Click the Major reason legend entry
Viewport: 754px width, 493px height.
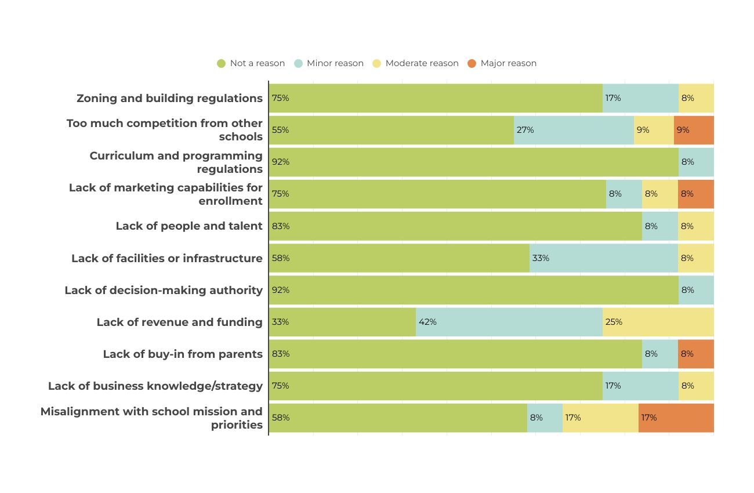(x=502, y=63)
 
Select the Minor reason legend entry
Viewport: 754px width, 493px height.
(x=329, y=63)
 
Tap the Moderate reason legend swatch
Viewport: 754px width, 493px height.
(x=377, y=63)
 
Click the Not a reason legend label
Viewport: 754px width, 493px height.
(x=257, y=63)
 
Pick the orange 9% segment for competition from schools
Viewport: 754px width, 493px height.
(x=694, y=130)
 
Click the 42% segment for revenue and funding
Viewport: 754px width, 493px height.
(x=509, y=322)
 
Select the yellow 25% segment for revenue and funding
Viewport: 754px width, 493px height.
(x=658, y=322)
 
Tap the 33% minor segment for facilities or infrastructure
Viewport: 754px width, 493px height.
(x=604, y=258)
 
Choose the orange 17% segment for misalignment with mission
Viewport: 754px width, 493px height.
(x=676, y=418)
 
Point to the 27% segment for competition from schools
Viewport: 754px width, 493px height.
(x=574, y=130)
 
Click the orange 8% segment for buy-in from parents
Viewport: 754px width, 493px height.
(x=695, y=354)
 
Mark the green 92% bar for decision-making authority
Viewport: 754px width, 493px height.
(x=473, y=290)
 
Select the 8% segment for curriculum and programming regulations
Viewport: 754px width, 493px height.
(x=696, y=162)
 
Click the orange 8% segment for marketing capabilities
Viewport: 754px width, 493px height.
(x=695, y=194)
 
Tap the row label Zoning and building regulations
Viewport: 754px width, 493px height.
(x=169, y=98)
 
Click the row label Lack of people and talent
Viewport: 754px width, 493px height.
(x=189, y=226)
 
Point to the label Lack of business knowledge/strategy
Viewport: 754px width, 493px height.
(x=155, y=386)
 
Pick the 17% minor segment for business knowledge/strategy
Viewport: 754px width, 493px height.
(x=640, y=386)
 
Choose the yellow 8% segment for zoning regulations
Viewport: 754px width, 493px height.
(x=696, y=98)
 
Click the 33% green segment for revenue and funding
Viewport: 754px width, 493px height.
(x=342, y=322)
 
